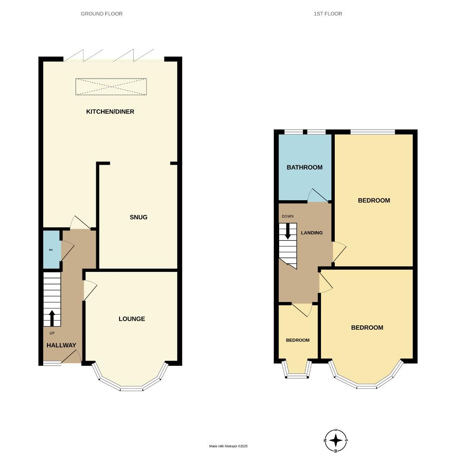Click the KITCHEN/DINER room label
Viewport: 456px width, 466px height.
click(x=110, y=112)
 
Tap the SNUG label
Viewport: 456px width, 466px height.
click(x=138, y=217)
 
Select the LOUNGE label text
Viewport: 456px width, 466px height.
click(x=132, y=319)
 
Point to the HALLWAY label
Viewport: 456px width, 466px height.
click(x=61, y=345)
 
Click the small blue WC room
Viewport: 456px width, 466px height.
click(x=51, y=250)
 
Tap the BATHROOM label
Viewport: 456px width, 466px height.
click(x=305, y=167)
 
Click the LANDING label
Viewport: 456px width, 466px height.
click(x=311, y=233)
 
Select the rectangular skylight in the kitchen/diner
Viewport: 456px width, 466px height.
click(x=111, y=87)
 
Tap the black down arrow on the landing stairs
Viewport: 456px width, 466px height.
click(x=288, y=231)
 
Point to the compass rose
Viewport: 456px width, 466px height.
click(x=336, y=441)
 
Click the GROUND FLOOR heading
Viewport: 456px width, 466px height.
click(x=102, y=14)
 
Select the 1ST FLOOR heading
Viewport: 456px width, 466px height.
click(x=328, y=14)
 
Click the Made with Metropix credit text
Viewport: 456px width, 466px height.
click(x=228, y=446)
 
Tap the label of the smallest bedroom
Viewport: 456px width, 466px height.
click(x=298, y=340)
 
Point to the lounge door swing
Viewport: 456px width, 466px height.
click(x=90, y=289)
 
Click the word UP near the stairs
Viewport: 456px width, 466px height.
click(x=52, y=333)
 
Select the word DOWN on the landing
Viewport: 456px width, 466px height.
click(x=287, y=216)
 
